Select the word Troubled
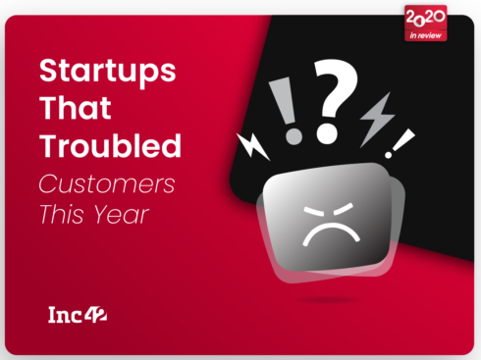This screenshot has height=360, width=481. click(110, 146)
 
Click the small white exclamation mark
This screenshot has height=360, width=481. click(402, 142)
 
